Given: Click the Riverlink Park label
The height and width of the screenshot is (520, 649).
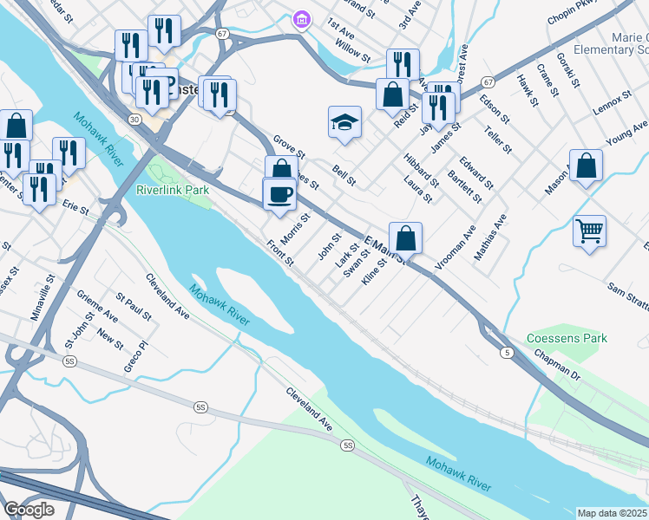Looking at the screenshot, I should coord(174,188).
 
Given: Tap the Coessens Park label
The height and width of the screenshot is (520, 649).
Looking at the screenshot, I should coord(567,338).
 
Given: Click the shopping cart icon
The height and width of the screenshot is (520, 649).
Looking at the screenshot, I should coord(589,231).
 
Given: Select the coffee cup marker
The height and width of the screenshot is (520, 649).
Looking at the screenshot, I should coord(279,193).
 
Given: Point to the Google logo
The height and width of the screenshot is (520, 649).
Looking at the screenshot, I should coord(29,510).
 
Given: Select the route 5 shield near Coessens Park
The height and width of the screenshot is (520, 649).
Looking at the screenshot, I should coord(505,352).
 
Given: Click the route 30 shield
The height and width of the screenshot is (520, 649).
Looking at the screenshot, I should coord(134,118).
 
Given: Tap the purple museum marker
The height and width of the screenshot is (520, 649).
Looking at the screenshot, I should coord(301,18).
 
